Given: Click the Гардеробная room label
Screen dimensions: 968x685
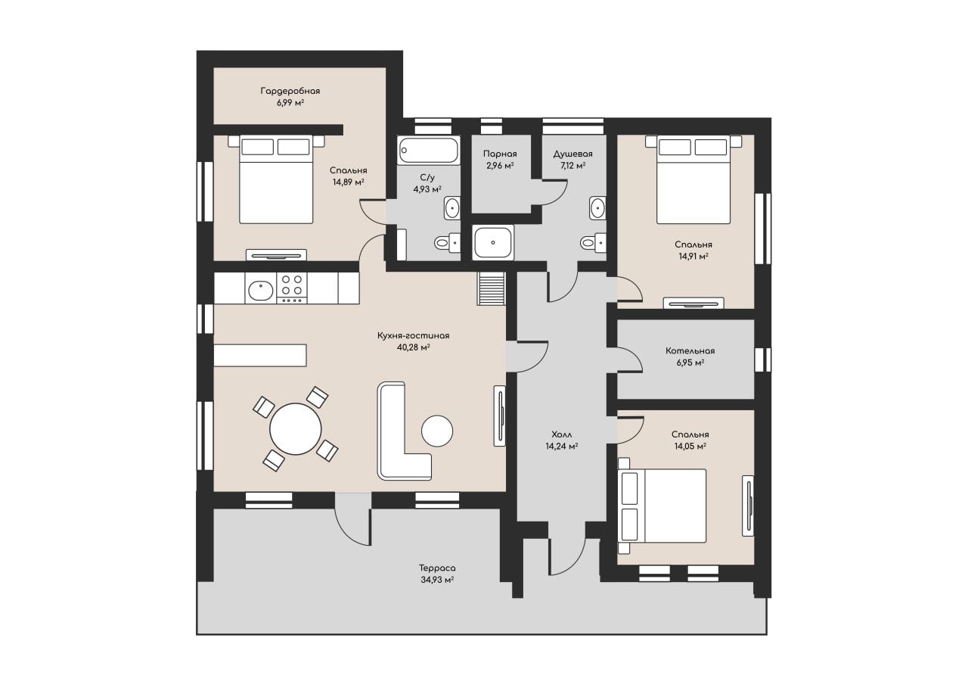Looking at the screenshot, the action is pos(290,91).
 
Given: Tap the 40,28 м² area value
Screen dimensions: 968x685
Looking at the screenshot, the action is pos(413,347).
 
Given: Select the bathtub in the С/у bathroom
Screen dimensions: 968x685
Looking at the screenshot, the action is pos(428,150).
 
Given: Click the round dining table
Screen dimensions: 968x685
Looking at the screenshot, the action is pos(296,429).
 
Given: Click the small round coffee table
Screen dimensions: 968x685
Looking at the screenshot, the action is pos(437,431).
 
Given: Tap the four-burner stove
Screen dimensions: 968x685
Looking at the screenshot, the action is pos(292,288).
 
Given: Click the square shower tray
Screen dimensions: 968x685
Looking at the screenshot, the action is pos(492,243).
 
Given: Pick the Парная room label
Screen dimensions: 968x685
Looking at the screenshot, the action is pos(500,154).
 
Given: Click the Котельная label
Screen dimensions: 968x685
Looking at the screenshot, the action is pos(690,350).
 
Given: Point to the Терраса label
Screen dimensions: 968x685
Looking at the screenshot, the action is pos(437,568).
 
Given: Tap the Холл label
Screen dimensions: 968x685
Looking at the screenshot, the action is pos(562,434).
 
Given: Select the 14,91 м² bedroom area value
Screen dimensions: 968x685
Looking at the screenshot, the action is pos(693,256).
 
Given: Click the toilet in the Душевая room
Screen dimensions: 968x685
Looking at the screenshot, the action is pos(593,243).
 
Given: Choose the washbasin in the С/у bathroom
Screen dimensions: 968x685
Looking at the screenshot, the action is pos(452,208).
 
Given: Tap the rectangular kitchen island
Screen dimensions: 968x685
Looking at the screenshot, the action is pos(260,355).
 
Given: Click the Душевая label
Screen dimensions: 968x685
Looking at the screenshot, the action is pos(573,154).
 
